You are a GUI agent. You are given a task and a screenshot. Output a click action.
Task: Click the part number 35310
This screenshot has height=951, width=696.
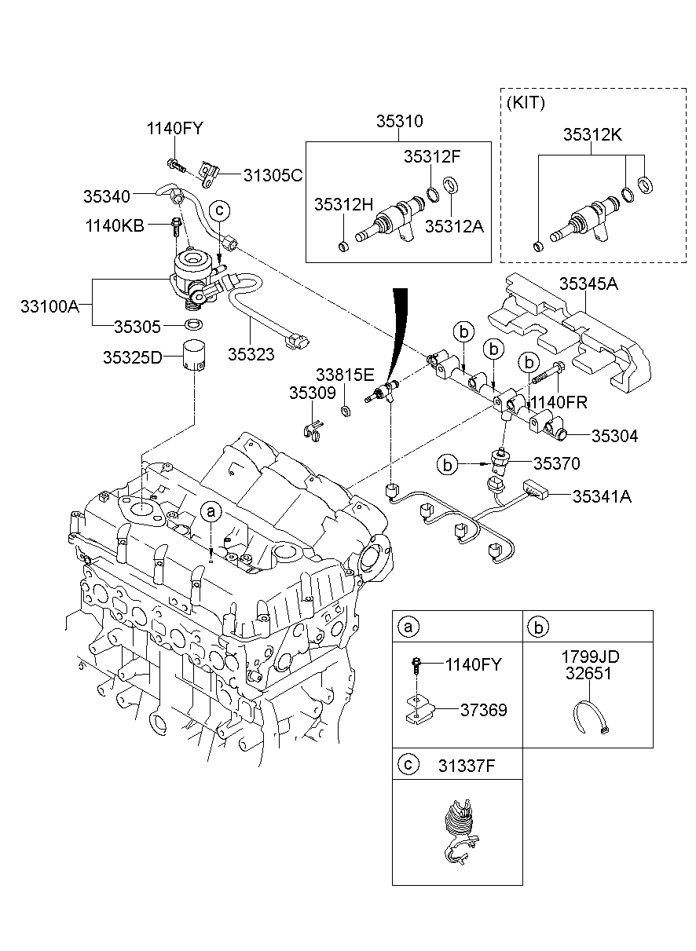pyautogui.click(x=399, y=121)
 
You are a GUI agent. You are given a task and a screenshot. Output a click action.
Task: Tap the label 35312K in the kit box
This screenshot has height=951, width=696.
pyautogui.click(x=592, y=134)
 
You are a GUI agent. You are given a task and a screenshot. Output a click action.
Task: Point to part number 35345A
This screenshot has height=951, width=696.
pyautogui.click(x=588, y=283)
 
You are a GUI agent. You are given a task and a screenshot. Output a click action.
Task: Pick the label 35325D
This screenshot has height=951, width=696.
pyautogui.click(x=132, y=357)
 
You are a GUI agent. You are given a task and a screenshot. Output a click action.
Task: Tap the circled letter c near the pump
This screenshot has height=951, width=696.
pyautogui.click(x=220, y=210)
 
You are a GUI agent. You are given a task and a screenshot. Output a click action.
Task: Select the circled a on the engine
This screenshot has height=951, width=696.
pyautogui.click(x=211, y=511)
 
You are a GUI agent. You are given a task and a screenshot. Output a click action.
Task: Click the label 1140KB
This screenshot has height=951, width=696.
pyautogui.click(x=115, y=226)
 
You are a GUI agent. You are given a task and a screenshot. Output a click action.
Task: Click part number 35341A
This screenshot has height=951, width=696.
pyautogui.click(x=603, y=496)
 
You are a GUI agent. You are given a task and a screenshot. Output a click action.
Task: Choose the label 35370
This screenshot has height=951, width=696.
pyautogui.click(x=556, y=464)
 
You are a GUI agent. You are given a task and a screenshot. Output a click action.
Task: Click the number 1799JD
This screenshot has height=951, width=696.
pyautogui.click(x=588, y=657)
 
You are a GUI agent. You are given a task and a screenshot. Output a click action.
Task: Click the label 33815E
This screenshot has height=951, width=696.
pyautogui.click(x=346, y=375)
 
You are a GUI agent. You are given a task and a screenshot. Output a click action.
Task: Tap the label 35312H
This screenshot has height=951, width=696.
pyautogui.click(x=343, y=204)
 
